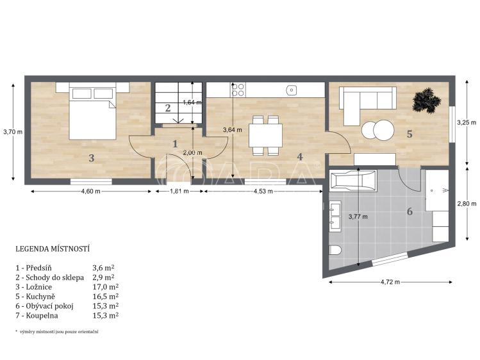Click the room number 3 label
[x=91, y=158]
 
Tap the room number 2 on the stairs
[x=168, y=108]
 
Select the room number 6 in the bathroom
[x=410, y=211]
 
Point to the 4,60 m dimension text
[x=90, y=192]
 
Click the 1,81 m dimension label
[x=179, y=192]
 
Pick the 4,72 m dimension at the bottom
[x=390, y=282]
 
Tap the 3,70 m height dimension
[x=13, y=132]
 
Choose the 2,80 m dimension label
[x=467, y=204]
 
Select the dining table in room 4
[x=265, y=136]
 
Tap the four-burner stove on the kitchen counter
[x=238, y=90]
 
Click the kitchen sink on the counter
[x=292, y=90]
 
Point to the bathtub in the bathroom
[x=353, y=182]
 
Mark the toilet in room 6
[x=336, y=250]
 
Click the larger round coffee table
[x=384, y=130]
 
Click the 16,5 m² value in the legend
[x=106, y=297]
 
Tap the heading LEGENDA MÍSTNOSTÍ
[x=53, y=249]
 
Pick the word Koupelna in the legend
[x=42, y=316]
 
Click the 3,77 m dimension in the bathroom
[x=358, y=217]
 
